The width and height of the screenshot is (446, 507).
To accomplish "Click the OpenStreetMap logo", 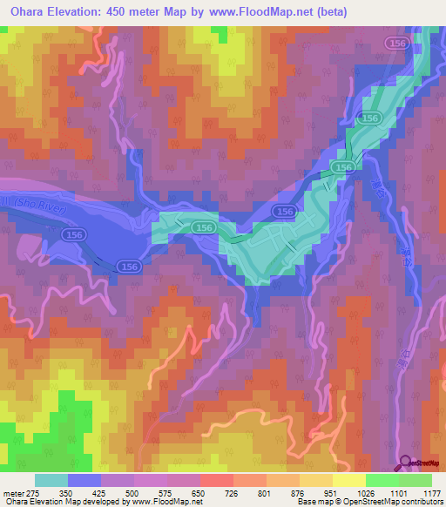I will pyautogui.click(x=422, y=464).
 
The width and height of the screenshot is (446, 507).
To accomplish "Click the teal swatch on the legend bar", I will pyautogui.click(x=51, y=480).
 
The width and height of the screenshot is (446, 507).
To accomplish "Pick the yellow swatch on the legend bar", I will pyautogui.click(x=349, y=480).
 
